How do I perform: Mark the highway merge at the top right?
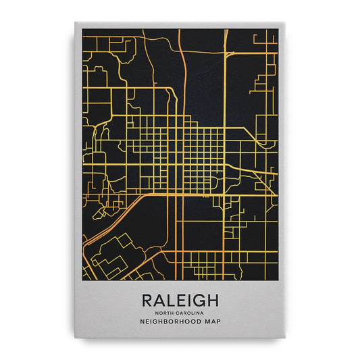point(230,53)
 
